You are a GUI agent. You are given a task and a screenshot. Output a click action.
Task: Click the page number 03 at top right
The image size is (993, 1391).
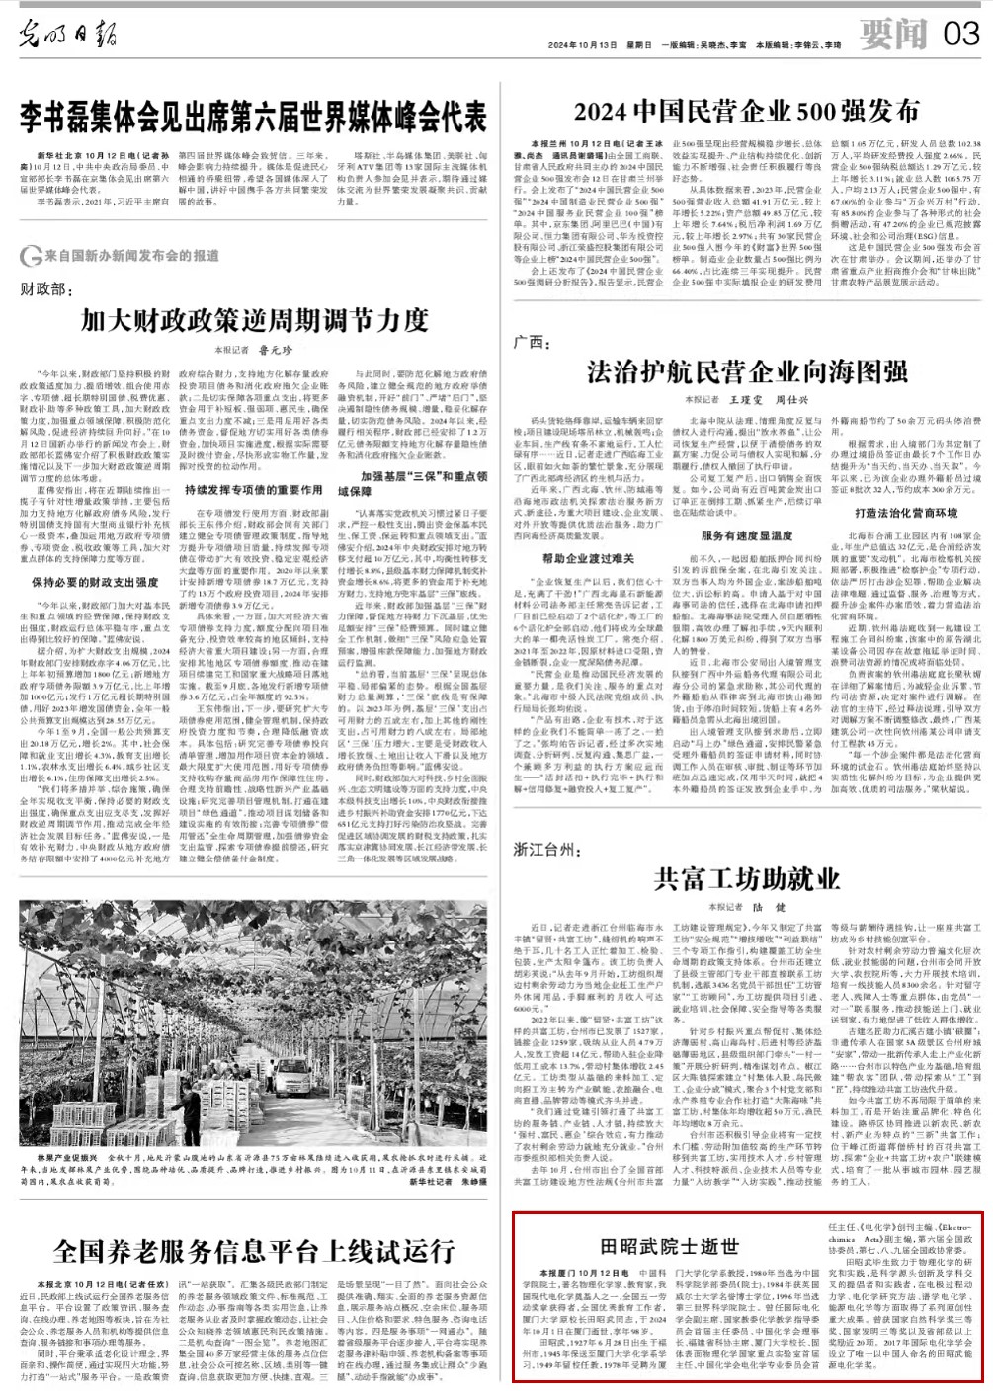point(961,33)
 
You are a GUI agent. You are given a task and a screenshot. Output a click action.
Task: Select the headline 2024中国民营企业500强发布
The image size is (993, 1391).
point(746,111)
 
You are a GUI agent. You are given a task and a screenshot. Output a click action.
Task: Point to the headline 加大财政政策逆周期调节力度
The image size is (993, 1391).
point(254,320)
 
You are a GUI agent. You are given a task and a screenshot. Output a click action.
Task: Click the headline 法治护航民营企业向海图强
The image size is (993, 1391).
point(746,371)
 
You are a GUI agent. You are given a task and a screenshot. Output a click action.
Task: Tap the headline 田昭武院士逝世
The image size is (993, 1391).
point(670,1247)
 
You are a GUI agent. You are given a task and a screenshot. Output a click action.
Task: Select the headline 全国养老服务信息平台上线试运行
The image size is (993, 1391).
point(254,1251)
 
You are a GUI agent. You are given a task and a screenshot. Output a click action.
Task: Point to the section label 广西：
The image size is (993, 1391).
point(532,342)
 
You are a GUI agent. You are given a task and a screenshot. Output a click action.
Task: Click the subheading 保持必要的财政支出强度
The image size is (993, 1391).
point(95,582)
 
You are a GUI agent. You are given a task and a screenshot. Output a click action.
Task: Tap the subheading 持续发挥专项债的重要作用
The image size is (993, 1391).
point(253,490)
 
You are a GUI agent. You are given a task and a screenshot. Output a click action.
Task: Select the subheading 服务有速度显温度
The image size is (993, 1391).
point(747,535)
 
